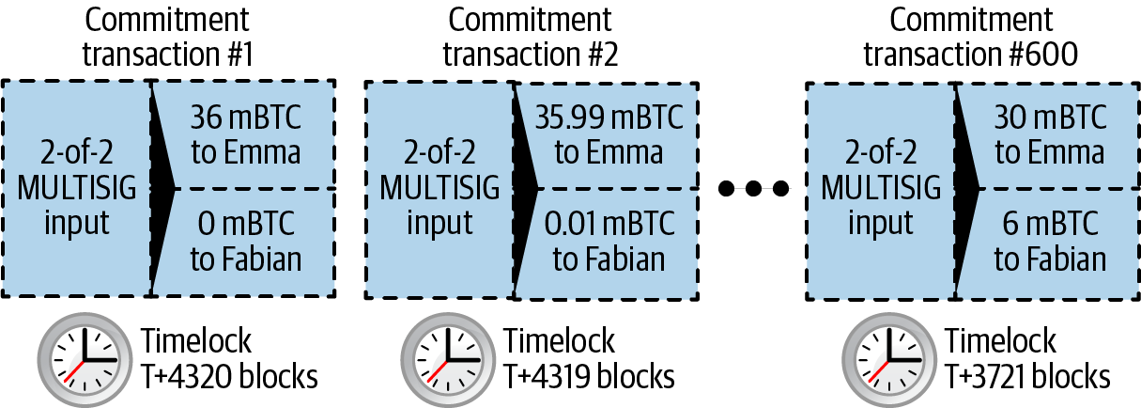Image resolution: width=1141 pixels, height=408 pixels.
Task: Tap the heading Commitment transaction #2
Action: click(x=530, y=38)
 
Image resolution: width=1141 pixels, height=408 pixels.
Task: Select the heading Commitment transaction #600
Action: click(x=970, y=38)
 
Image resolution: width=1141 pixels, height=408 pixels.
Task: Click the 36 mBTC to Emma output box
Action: click(x=246, y=133)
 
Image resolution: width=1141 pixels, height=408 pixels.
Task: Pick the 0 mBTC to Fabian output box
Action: click(x=246, y=242)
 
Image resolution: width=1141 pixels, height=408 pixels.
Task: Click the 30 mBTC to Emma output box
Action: click(x=1050, y=133)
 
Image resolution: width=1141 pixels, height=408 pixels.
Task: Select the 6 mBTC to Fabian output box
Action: click(x=1050, y=242)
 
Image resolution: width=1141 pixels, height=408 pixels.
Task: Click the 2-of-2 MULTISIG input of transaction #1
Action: click(x=77, y=188)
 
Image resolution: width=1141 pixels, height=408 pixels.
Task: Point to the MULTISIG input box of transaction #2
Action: click(x=438, y=188)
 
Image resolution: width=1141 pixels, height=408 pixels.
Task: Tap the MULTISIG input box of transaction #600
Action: click(x=879, y=188)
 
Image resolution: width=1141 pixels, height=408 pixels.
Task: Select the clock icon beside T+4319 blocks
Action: click(x=443, y=360)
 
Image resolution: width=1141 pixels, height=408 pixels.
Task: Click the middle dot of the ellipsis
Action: click(x=754, y=190)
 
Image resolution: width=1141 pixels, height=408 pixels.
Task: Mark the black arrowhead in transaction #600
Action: click(x=967, y=188)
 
